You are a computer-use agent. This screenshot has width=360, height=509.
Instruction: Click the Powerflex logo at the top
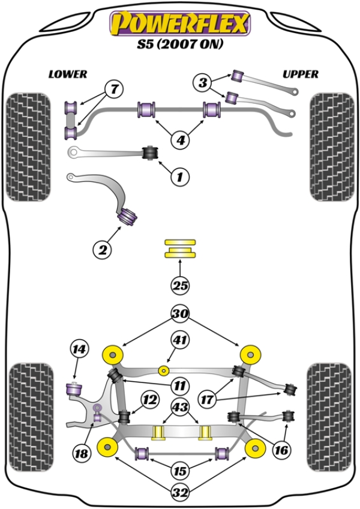pyautogui.click(x=178, y=24)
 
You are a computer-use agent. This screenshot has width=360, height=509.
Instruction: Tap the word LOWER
pyautogui.click(x=68, y=74)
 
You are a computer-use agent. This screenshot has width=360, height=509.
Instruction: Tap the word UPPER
pyautogui.click(x=301, y=74)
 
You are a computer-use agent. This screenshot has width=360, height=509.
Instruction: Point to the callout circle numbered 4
pyautogui.click(x=178, y=141)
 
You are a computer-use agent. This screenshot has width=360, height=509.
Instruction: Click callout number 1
pyautogui.click(x=179, y=176)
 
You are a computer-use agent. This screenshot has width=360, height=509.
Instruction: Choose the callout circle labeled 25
pyautogui.click(x=178, y=286)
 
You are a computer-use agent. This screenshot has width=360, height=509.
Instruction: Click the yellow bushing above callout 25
pyautogui.click(x=180, y=248)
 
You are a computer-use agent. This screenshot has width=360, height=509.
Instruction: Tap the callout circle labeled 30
pyautogui.click(x=179, y=313)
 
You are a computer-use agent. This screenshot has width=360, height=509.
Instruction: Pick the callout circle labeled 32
pyautogui.click(x=179, y=493)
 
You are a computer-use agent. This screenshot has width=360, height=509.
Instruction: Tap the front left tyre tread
pyautogui.click(x=28, y=146)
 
